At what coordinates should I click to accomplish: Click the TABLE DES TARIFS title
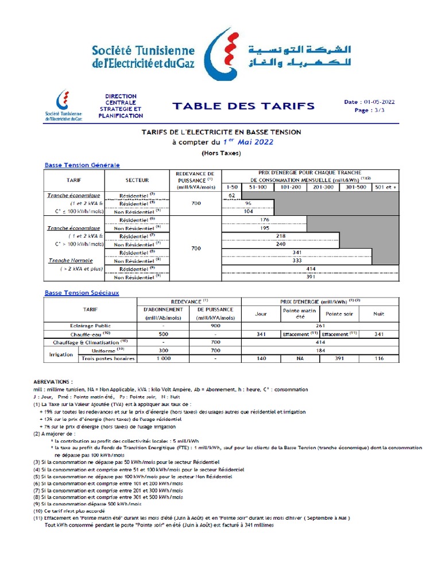pyautogui.click(x=244, y=106)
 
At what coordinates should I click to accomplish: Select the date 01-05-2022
pyautogui.click(x=377, y=102)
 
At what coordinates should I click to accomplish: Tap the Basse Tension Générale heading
pyautogui.click(x=82, y=165)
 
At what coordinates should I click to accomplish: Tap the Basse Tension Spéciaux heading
pyautogui.click(x=82, y=292)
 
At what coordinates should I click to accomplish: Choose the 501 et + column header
pyautogui.click(x=385, y=187)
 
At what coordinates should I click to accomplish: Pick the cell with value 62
pyautogui.click(x=232, y=195)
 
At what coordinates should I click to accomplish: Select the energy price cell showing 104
pyautogui.click(x=249, y=211)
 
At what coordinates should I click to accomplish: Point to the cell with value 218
pyautogui.click(x=281, y=235)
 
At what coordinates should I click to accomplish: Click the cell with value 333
pyautogui.click(x=297, y=260)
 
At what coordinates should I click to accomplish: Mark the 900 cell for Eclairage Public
pyautogui.click(x=215, y=325)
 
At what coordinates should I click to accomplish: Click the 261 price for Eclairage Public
pyautogui.click(x=321, y=325)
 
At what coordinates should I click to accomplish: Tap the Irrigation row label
pyautogui.click(x=60, y=354)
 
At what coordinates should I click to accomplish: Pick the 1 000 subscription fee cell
pyautogui.click(x=164, y=358)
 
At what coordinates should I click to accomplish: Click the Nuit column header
pyautogui.click(x=379, y=314)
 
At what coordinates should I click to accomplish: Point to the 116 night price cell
pyautogui.click(x=379, y=358)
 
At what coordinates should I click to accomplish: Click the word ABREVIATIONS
pyautogui.click(x=53, y=381)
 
